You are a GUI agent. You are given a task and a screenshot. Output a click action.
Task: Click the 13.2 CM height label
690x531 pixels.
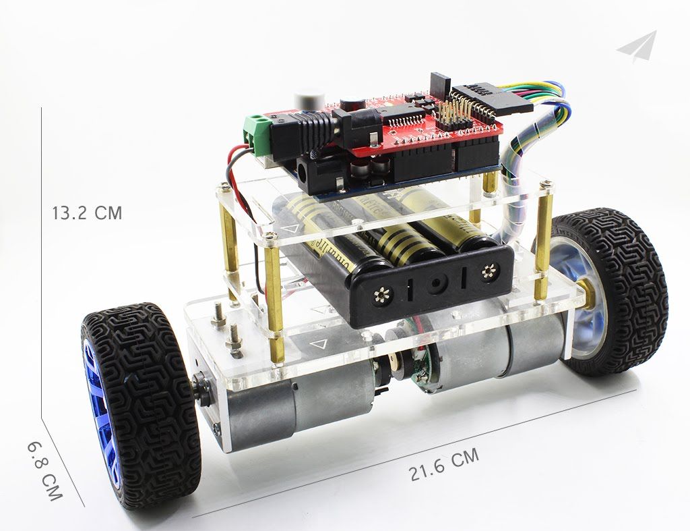coord(87,213)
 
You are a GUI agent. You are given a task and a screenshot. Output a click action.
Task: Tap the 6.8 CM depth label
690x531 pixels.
coord(45,471)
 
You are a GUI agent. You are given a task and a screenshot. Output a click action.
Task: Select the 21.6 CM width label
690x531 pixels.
coord(444,465)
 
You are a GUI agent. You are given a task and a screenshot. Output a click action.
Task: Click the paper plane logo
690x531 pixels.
coord(636,47)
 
